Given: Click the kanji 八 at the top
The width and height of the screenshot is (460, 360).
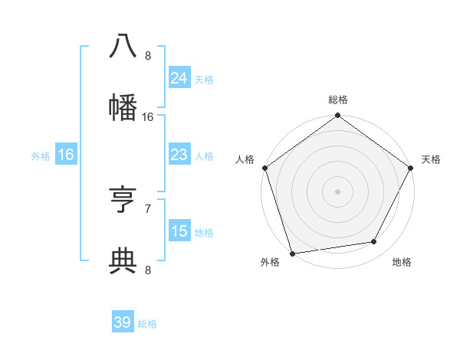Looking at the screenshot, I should pos(123,47).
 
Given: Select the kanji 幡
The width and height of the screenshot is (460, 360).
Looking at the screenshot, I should pos(123,108).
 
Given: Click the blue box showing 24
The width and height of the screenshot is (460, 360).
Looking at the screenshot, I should pos(179,77).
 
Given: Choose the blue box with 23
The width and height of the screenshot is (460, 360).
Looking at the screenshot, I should pos(179,155).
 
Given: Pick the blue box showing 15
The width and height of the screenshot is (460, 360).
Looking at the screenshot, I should pos(179,231).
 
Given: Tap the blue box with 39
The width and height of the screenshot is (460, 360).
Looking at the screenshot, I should pos(123,322).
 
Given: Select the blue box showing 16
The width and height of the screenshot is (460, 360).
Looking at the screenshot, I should pos(66,155).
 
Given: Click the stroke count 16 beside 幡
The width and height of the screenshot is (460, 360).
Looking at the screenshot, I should pos(148,117).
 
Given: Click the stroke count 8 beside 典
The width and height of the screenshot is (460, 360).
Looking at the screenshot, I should pos(148,269).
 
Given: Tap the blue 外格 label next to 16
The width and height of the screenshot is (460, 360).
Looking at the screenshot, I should pos(41,155).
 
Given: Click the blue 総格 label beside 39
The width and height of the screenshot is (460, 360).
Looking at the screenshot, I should pos(147,324).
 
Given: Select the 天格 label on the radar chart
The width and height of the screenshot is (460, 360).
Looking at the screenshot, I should pos(431,159).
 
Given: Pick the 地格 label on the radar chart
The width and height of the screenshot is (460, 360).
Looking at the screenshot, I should pos(402,262).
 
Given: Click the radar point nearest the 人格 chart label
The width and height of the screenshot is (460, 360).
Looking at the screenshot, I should pos(265,168).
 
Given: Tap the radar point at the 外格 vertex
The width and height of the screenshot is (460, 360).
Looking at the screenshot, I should pos(293,252).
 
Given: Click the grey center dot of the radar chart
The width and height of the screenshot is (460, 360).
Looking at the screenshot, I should pos(337,191).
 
